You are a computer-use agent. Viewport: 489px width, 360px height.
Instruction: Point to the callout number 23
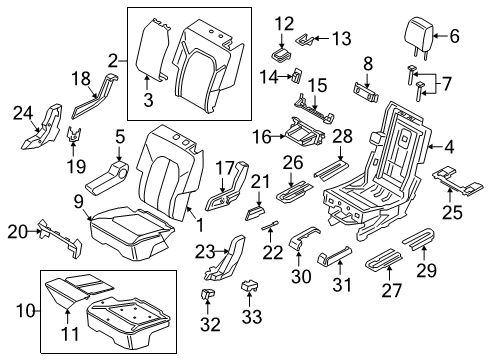206,249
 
